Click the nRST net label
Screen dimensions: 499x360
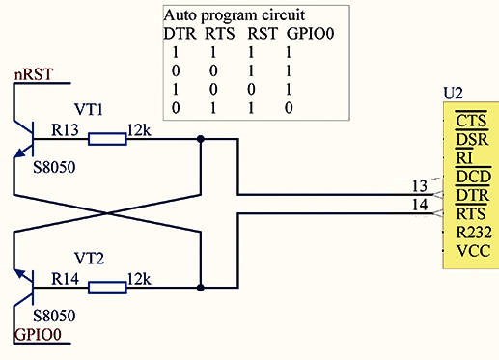click(x=33, y=74)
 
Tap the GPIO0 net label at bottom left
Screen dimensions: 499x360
click(x=38, y=335)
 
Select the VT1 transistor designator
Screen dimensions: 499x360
click(x=89, y=109)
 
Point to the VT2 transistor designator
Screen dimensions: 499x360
click(x=89, y=258)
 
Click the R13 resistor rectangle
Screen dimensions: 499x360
click(x=107, y=139)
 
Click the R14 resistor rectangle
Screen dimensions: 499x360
click(x=107, y=288)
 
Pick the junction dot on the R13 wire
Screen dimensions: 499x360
click(x=201, y=139)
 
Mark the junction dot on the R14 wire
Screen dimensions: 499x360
click(x=201, y=288)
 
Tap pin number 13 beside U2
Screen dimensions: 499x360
click(x=420, y=186)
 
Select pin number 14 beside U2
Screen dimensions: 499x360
click(x=420, y=205)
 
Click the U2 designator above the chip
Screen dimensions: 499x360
click(x=453, y=94)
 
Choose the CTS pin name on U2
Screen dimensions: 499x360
click(x=471, y=121)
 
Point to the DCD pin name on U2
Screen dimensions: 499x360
click(x=474, y=177)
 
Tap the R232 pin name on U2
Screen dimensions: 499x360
click(x=474, y=233)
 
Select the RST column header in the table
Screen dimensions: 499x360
click(x=263, y=34)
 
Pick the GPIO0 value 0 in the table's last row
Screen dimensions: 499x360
click(x=289, y=108)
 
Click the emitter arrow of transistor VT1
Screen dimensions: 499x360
click(x=20, y=152)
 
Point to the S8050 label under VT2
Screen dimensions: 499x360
click(x=54, y=316)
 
